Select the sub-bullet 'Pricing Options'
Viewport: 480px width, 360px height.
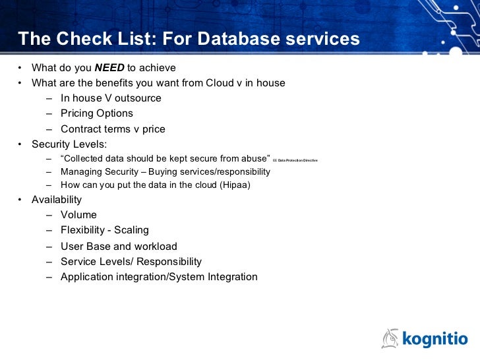pyautogui.click(x=97, y=113)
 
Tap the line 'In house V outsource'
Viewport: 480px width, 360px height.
pyautogui.click(x=111, y=98)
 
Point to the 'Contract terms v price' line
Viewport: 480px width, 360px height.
pyautogui.click(x=113, y=129)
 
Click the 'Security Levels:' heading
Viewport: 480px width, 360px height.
pyautogui.click(x=69, y=144)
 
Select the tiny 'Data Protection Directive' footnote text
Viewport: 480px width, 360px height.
pyautogui.click(x=296, y=160)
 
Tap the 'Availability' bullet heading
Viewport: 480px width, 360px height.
pyautogui.click(x=57, y=200)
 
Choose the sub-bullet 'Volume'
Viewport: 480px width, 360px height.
pyautogui.click(x=78, y=215)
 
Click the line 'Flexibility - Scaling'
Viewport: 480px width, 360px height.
pyautogui.click(x=105, y=230)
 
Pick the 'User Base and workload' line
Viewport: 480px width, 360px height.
pyautogui.click(x=119, y=247)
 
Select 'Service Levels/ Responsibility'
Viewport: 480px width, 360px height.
pyautogui.click(x=131, y=262)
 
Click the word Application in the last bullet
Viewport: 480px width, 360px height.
pyautogui.click(x=88, y=277)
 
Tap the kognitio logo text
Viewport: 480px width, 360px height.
pyautogui.click(x=435, y=339)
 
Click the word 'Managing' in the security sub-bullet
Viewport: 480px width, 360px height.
pyautogui.click(x=80, y=172)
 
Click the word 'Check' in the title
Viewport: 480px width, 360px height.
pyautogui.click(x=77, y=40)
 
